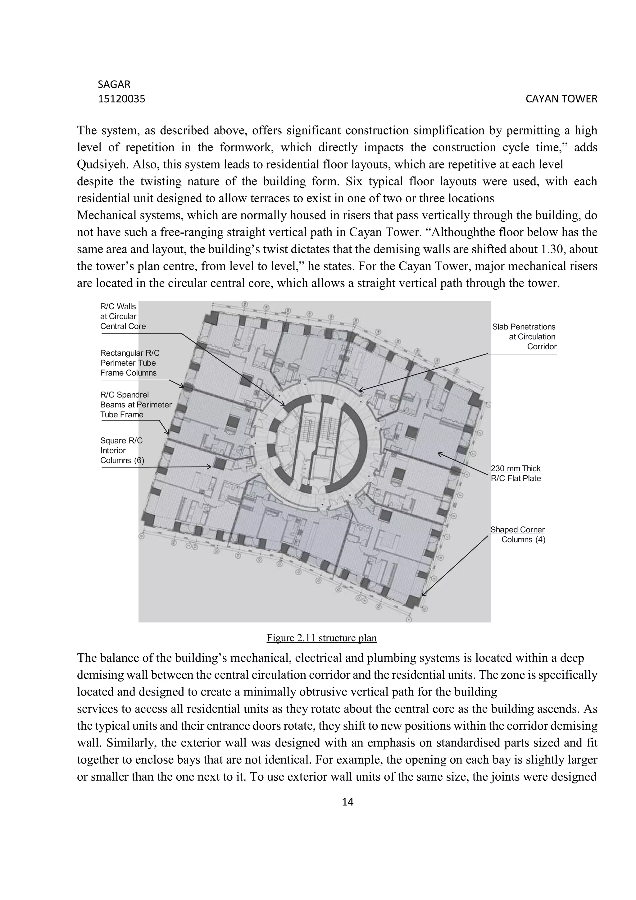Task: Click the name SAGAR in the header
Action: (114, 84)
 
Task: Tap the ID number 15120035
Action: (121, 99)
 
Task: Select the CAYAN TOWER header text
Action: (561, 99)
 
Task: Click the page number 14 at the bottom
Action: (348, 802)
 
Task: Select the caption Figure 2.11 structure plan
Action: (321, 638)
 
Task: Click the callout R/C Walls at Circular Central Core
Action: (123, 316)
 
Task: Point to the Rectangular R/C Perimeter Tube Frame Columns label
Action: (129, 363)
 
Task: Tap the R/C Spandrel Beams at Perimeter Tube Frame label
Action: (135, 405)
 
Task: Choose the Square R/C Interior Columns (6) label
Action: (122, 450)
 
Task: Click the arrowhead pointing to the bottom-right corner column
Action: (423, 595)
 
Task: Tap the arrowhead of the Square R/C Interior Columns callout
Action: (210, 466)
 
